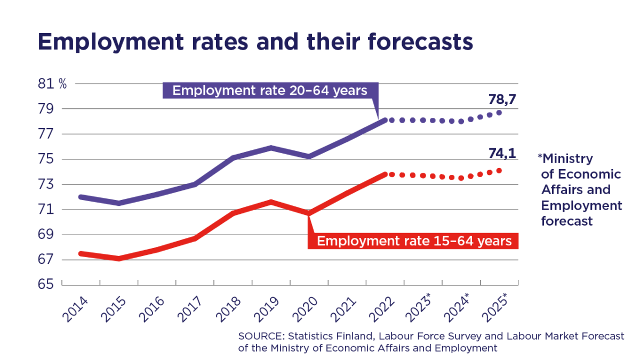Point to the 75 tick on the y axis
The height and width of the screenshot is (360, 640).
[46, 159]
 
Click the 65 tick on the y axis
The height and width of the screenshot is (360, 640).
[46, 285]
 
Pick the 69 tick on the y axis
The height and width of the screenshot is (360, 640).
[46, 235]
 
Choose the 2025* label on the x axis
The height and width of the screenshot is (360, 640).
[495, 308]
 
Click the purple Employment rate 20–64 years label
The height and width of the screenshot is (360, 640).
[270, 91]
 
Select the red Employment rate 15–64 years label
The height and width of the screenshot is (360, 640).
[414, 241]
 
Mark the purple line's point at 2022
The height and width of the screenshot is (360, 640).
[384, 120]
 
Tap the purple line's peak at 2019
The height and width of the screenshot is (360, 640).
[271, 148]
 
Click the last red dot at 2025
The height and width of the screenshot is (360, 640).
[499, 171]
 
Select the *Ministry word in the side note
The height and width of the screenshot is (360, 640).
[565, 158]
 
